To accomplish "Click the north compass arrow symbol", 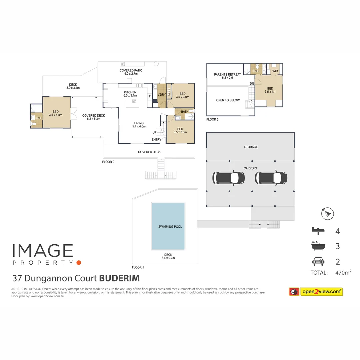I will click(x=327, y=213).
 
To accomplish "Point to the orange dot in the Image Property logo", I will click(x=78, y=263).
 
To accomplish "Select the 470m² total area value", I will click(x=343, y=273).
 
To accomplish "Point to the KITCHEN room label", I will click(x=130, y=92).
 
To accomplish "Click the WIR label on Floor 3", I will click(x=275, y=71).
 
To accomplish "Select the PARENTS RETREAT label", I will click(x=227, y=74).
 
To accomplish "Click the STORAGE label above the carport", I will click(x=251, y=147).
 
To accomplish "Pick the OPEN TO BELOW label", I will click(x=228, y=100).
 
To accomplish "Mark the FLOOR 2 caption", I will click(x=108, y=162).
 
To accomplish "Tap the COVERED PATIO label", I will click(x=131, y=71).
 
